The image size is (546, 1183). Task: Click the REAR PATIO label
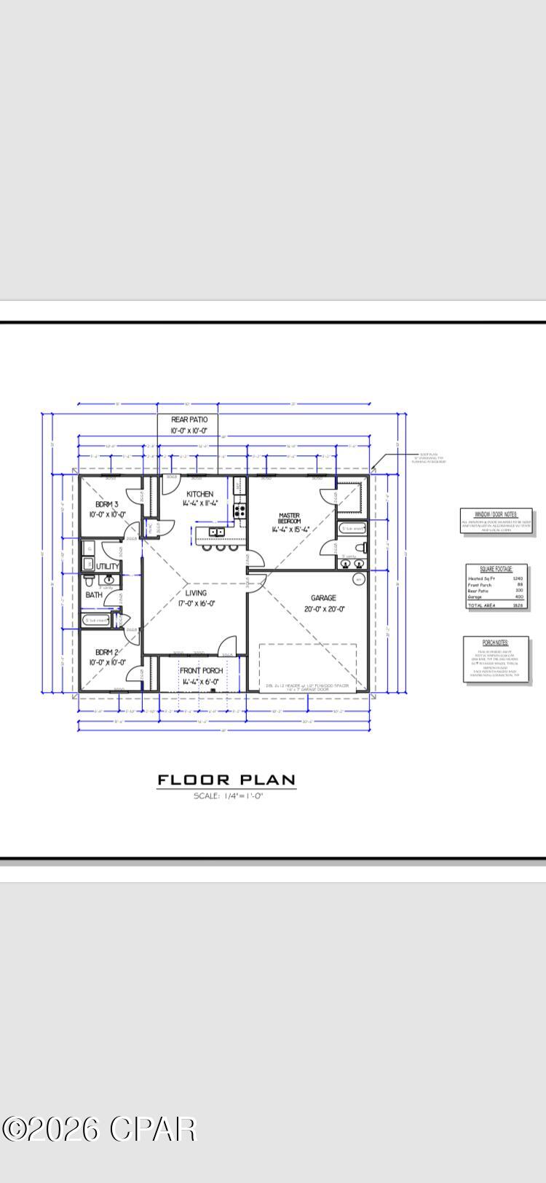click(x=189, y=420)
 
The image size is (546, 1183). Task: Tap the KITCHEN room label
click(x=199, y=494)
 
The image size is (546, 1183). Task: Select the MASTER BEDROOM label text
click(x=289, y=519)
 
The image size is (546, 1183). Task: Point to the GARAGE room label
click(x=324, y=598)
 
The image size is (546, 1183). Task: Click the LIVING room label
click(x=196, y=593)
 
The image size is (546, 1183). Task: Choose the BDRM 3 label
click(x=106, y=504)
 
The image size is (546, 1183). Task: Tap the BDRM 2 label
click(x=106, y=652)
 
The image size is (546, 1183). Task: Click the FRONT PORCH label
click(x=201, y=671)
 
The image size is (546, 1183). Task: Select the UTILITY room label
click(x=108, y=566)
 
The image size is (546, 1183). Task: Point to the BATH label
click(x=94, y=595)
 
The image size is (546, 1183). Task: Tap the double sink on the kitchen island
click(x=216, y=532)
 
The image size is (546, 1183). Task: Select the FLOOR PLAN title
click(x=226, y=780)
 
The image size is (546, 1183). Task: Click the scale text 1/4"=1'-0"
click(x=228, y=796)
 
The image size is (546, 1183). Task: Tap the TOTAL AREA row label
click(x=480, y=605)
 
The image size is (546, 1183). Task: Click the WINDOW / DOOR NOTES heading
click(x=496, y=514)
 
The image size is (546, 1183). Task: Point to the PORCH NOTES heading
click(x=496, y=642)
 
